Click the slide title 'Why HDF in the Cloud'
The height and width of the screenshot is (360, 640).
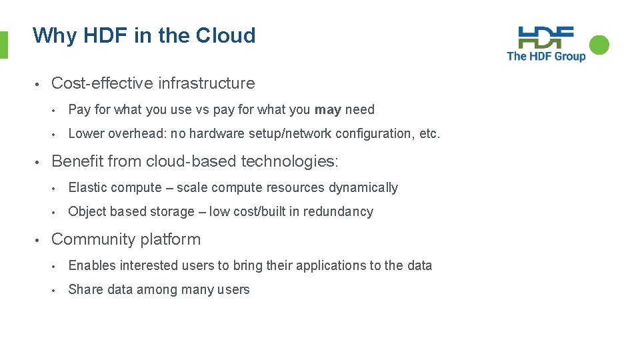[144, 35]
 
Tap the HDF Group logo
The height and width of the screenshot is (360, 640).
[546, 44]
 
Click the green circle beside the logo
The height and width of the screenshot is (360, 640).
[599, 45]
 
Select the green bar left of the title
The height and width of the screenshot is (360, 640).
[3, 45]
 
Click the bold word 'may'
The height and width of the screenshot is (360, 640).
[327, 109]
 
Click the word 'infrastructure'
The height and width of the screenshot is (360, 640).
[206, 83]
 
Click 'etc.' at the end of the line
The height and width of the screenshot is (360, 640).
[430, 133]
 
